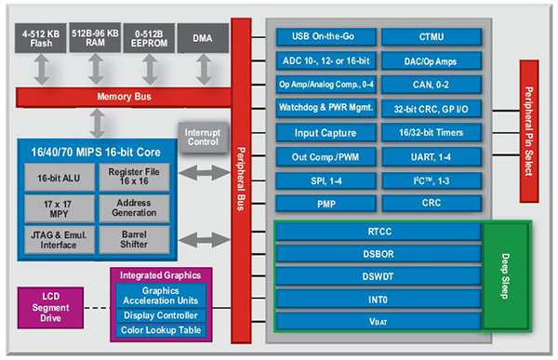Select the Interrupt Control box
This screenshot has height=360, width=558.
click(203, 137)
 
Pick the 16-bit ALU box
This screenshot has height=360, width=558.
click(57, 178)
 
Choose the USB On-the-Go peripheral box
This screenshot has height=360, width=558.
click(326, 37)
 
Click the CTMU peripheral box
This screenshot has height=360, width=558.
click(432, 37)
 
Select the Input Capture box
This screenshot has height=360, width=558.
click(326, 132)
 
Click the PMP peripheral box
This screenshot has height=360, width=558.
click(326, 203)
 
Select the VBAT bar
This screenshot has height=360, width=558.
click(377, 321)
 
